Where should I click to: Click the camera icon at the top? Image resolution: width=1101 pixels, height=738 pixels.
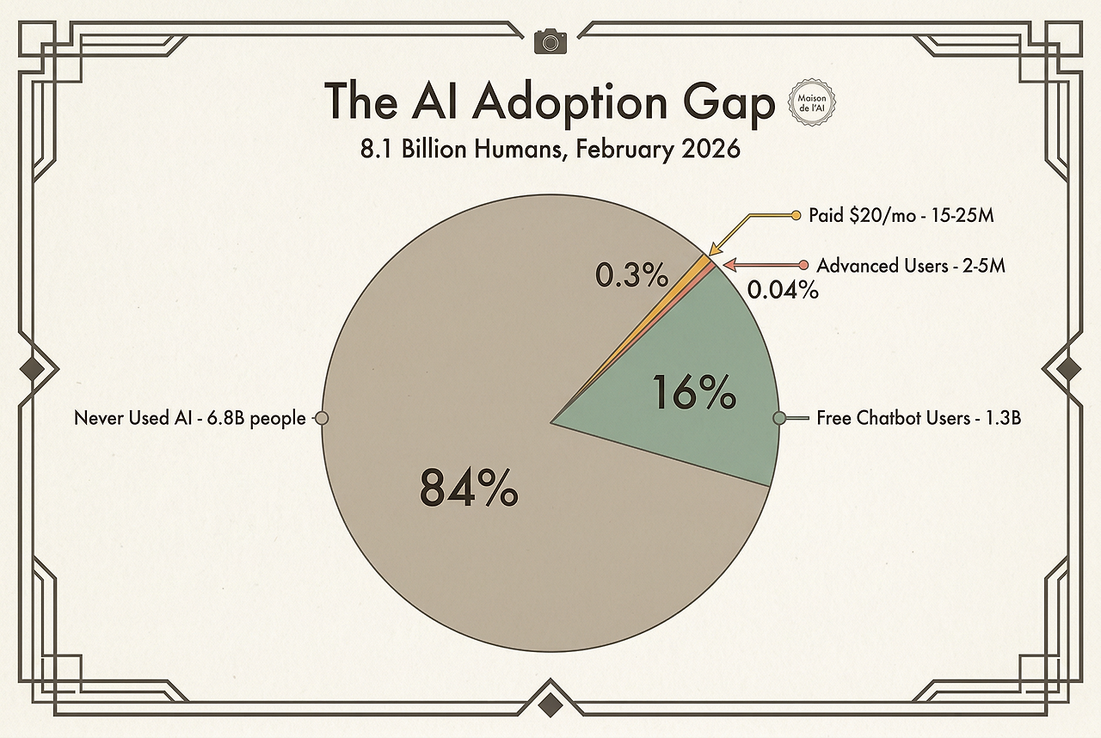tap(550, 40)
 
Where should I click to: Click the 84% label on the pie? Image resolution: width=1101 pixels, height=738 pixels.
tap(469, 488)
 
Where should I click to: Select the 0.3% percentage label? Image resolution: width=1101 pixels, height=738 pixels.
tap(631, 275)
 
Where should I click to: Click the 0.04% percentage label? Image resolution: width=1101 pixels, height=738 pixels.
tap(782, 291)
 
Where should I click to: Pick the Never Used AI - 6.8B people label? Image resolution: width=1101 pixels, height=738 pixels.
tap(189, 418)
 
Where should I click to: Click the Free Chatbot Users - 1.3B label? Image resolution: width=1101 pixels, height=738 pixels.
tap(918, 418)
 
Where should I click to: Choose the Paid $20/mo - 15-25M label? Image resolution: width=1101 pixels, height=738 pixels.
tap(901, 215)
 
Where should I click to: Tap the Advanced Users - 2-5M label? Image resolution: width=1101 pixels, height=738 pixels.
tap(911, 266)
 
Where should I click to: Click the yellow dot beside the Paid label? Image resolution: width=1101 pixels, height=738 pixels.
tap(795, 215)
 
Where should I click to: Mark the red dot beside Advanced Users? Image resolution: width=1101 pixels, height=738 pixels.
tap(803, 266)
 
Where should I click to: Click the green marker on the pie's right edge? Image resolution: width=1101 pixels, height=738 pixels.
tap(779, 418)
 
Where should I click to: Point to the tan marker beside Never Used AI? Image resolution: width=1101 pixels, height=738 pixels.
tap(322, 418)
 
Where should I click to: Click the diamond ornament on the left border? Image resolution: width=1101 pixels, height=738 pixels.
tap(34, 369)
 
